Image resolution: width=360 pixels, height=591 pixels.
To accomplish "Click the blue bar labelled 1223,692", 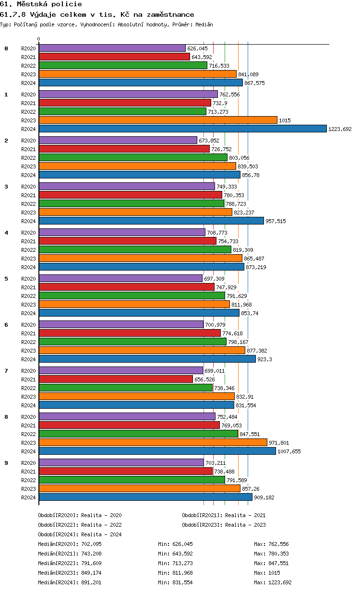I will (x=182, y=129).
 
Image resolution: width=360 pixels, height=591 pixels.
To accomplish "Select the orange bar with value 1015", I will (x=158, y=120).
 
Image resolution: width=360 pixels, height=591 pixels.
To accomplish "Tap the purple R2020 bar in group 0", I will (x=112, y=48).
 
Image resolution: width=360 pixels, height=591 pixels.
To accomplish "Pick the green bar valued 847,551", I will (x=138, y=434).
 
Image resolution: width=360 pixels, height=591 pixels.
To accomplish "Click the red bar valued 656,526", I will (x=116, y=379).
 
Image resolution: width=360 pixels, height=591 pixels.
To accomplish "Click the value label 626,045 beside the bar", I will (x=197, y=48).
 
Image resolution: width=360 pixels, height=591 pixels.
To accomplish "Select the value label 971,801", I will (x=279, y=443).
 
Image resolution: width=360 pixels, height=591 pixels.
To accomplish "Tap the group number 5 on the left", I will (x=6, y=279).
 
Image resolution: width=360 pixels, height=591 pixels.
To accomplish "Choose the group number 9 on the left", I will (x=6, y=463).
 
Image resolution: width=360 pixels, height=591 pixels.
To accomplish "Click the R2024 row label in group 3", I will (x=29, y=221).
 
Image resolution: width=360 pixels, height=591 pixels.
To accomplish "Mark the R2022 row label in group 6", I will (x=29, y=342).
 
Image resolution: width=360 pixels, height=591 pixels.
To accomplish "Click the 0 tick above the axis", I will (x=39, y=39).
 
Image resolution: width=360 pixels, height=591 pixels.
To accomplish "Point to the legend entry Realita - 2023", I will (x=245, y=525).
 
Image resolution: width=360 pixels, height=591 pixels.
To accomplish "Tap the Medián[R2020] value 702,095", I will (x=91, y=544).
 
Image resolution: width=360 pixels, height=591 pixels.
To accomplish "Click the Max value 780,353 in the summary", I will (x=278, y=554).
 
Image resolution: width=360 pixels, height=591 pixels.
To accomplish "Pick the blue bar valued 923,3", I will (x=147, y=359).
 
